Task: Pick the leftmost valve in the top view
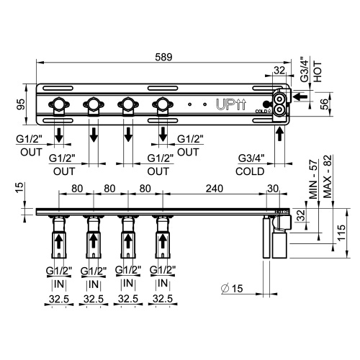[x=58, y=105]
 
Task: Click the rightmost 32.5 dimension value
[x=163, y=298]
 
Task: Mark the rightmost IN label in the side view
[x=163, y=284]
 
